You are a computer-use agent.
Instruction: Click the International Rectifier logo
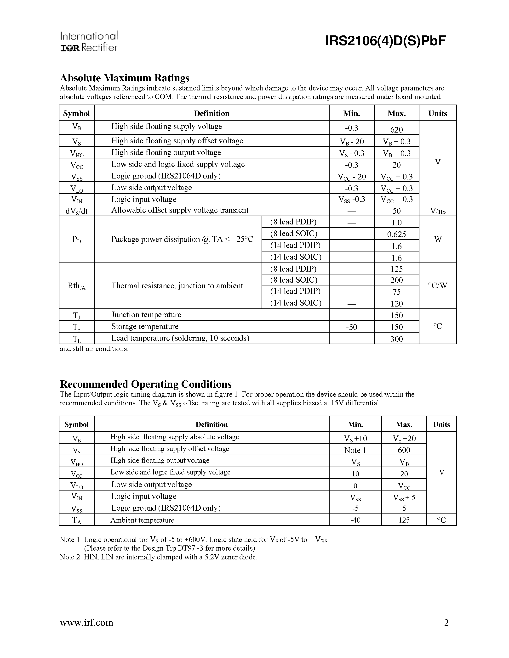[89, 41]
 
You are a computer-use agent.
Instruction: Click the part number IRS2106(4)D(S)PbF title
[385, 41]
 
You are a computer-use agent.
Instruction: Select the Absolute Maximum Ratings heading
[125, 78]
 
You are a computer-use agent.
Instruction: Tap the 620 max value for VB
[396, 129]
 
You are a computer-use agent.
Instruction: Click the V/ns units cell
[438, 211]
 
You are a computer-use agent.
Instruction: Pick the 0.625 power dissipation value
[396, 234]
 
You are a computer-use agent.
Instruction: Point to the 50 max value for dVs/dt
[396, 211]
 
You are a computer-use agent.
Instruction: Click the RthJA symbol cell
[77, 286]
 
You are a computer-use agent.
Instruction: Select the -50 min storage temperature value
[352, 327]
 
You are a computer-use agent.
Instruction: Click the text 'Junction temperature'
[146, 315]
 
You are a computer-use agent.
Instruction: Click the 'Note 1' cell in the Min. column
[355, 450]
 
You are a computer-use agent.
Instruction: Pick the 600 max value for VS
[404, 450]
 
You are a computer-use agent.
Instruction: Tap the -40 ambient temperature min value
[355, 520]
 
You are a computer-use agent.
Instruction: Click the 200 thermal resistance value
[396, 280]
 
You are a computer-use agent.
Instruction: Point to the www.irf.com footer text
[86, 622]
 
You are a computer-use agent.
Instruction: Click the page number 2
[446, 622]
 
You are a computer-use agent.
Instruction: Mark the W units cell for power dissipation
[438, 239]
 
